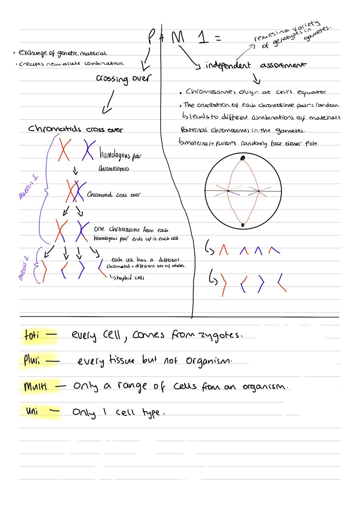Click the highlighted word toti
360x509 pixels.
32,335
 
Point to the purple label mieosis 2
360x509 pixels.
27,266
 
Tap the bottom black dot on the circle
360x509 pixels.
243,225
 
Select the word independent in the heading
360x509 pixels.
228,65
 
